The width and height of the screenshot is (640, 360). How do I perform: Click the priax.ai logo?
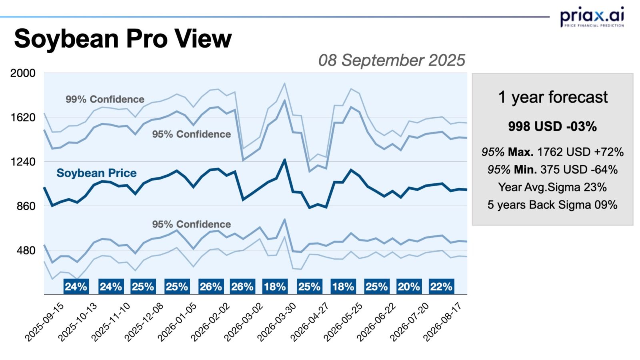[x=592, y=17]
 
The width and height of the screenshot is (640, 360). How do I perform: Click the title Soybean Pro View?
[x=123, y=38]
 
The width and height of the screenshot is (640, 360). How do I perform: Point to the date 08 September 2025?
[x=392, y=60]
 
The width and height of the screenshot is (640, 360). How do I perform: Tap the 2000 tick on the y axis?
[x=23, y=73]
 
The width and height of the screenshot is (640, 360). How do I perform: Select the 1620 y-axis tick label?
[x=23, y=118]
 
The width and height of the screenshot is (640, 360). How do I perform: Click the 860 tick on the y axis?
[x=26, y=206]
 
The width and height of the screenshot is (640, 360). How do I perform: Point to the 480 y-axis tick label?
[x=26, y=251]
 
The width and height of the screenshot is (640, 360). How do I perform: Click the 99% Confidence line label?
[x=105, y=99]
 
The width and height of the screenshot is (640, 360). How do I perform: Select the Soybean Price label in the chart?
[x=96, y=173]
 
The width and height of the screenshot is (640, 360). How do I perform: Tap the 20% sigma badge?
[x=409, y=286]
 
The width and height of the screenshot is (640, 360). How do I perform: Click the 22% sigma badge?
[x=441, y=286]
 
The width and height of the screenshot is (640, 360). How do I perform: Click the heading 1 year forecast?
[x=552, y=97]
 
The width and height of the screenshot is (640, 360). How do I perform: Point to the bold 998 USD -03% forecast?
[x=552, y=126]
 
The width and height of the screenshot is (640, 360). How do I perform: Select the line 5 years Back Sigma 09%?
[x=552, y=205]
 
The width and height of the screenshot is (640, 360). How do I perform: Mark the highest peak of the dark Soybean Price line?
[x=284, y=160]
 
